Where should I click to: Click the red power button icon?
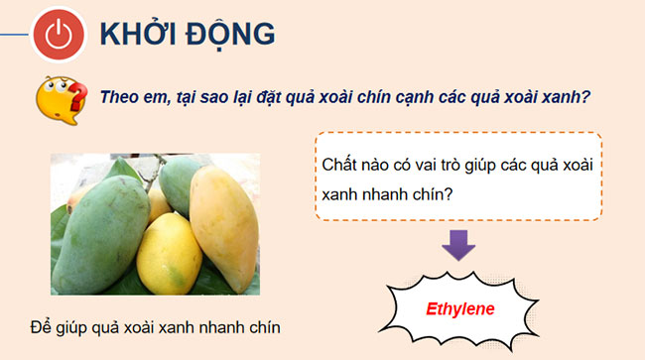click(x=58, y=35)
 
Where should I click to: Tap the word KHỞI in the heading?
click(x=134, y=35)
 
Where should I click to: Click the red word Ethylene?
click(x=459, y=308)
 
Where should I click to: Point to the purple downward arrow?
click(x=457, y=243)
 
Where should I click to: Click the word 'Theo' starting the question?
click(x=119, y=97)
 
